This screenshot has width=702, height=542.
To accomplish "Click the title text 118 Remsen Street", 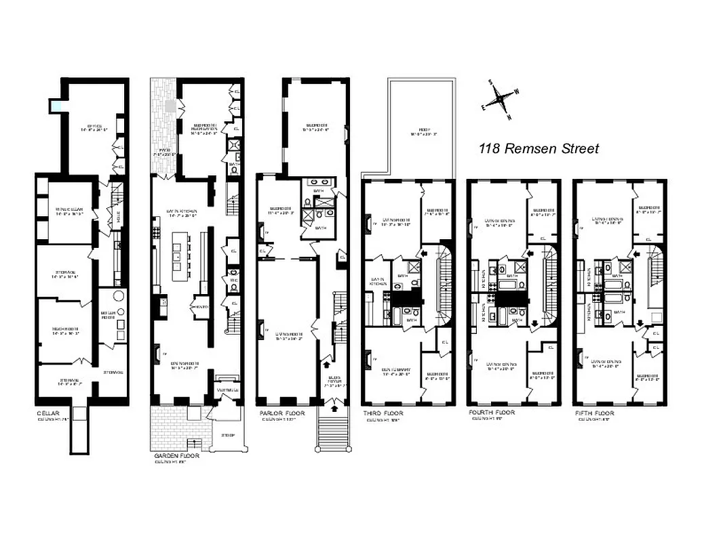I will click(539, 148).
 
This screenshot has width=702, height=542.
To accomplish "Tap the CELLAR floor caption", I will click(49, 413).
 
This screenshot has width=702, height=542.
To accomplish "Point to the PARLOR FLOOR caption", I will click(282, 413).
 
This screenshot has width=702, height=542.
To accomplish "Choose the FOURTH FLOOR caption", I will click(492, 412).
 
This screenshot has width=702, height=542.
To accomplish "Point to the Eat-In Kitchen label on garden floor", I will click(182, 211).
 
